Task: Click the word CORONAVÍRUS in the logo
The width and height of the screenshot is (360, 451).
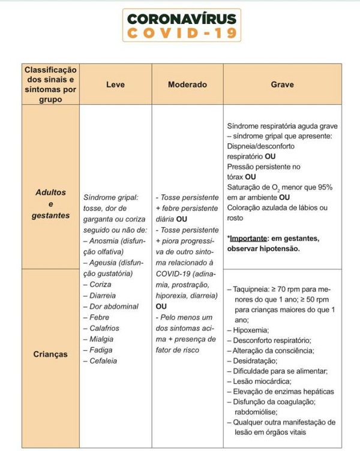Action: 181,18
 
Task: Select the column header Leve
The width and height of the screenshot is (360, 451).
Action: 115,85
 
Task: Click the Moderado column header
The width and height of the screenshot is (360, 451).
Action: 187,85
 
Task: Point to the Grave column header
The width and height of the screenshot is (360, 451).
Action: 283,85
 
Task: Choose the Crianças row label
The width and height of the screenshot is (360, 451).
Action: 50,354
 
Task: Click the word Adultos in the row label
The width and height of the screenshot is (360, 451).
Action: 50,193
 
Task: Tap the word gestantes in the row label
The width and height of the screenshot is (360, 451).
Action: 50,215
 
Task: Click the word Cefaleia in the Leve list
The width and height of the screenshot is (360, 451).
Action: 103,361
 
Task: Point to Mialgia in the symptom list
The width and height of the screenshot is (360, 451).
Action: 101,339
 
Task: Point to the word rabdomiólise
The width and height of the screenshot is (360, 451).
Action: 259,412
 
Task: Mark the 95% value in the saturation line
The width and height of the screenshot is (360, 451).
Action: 325,188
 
